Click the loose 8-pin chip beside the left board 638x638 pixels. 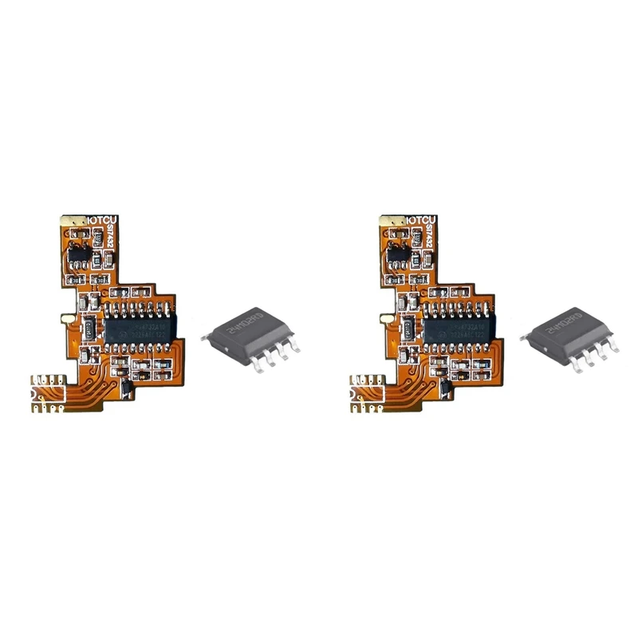click(x=250, y=337)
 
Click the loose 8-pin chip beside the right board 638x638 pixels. click(x=569, y=337)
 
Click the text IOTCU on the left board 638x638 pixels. click(x=104, y=219)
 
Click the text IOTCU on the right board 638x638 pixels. click(x=423, y=219)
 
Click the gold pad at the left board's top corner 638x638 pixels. click(x=71, y=219)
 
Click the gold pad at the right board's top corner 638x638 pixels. click(x=390, y=219)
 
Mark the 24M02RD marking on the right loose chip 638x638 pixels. click(x=558, y=325)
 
